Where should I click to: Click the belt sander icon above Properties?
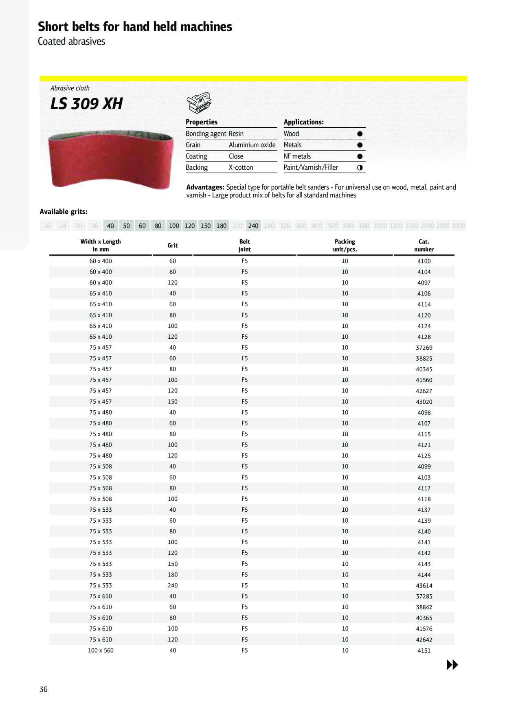pyautogui.click(x=199, y=102)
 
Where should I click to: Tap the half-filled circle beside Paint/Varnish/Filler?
pyautogui.click(x=360, y=167)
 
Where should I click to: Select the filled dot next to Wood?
pyautogui.click(x=360, y=134)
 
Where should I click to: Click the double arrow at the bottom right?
pyautogui.click(x=452, y=665)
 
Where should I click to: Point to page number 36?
pyautogui.click(x=44, y=689)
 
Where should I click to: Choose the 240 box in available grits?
pyautogui.click(x=253, y=226)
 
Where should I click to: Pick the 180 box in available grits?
pyautogui.click(x=222, y=226)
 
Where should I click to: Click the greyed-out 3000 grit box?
pyautogui.click(x=458, y=226)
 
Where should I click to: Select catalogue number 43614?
pyautogui.click(x=424, y=585)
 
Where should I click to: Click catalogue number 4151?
pyautogui.click(x=424, y=650)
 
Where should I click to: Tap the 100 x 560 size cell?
pyautogui.click(x=101, y=650)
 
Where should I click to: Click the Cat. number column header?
pyautogui.click(x=424, y=245)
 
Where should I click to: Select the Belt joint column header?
pyautogui.click(x=244, y=245)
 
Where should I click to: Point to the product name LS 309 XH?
pyautogui.click(x=86, y=104)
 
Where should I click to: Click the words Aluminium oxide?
pyautogui.click(x=252, y=145)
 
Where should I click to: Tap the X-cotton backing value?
pyautogui.click(x=241, y=167)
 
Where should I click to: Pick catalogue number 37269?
pyautogui.click(x=424, y=348)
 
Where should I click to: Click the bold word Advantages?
pyautogui.click(x=205, y=187)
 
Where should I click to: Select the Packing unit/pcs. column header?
pyautogui.click(x=345, y=245)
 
